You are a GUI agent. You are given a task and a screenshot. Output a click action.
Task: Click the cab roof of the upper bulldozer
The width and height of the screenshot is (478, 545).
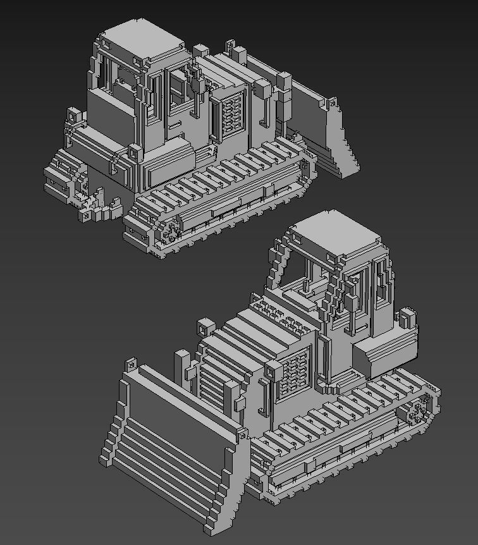(142, 41)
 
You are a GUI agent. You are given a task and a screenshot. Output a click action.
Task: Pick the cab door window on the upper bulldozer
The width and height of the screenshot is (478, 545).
(179, 89)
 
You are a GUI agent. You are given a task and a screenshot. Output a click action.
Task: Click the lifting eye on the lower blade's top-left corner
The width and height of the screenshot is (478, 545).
(132, 365)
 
